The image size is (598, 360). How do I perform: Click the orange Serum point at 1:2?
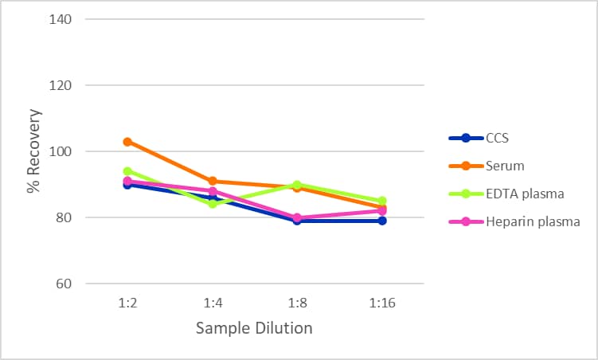(127, 142)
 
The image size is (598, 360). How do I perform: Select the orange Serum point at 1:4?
(213, 182)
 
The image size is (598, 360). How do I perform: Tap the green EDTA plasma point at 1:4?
(213, 204)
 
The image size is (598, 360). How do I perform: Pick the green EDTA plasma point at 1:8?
(297, 185)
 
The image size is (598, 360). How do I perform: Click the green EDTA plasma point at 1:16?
(382, 202)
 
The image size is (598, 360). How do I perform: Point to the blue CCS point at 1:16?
(382, 221)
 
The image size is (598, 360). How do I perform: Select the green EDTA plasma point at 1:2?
(127, 171)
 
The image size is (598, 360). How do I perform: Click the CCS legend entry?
(496, 138)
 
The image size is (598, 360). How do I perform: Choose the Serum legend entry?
(504, 166)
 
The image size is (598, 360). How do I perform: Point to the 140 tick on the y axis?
(63, 19)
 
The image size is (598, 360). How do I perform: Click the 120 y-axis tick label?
(63, 85)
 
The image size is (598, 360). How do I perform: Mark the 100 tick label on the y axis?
(63, 151)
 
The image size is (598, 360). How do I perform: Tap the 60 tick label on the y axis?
(66, 284)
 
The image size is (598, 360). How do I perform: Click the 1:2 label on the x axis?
(127, 303)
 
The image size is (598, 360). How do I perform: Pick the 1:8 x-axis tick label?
(297, 303)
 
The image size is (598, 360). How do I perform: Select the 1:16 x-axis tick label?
(382, 303)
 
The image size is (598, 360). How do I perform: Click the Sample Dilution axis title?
(255, 328)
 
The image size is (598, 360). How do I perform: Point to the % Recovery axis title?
(33, 151)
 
